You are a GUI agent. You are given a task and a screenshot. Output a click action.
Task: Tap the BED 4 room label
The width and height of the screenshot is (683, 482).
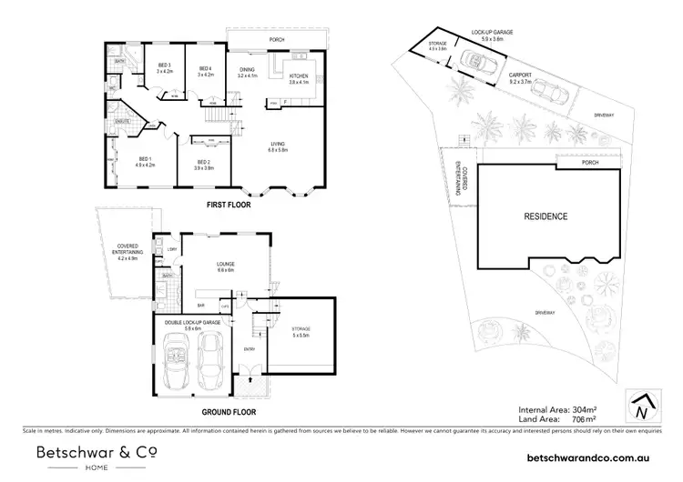click(x=205, y=70)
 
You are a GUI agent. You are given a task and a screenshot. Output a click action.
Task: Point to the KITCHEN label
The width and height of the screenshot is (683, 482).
click(x=300, y=76)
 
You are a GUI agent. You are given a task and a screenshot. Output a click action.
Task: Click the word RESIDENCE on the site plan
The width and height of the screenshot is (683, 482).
click(x=545, y=216)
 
